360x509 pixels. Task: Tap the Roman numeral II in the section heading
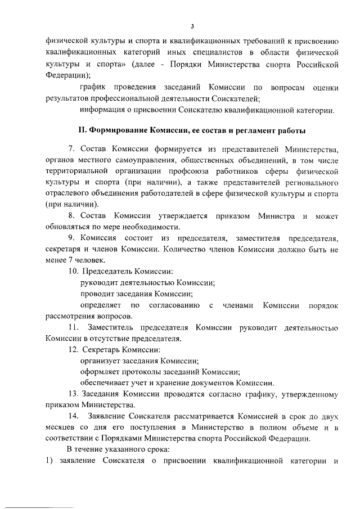click(x=82, y=130)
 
